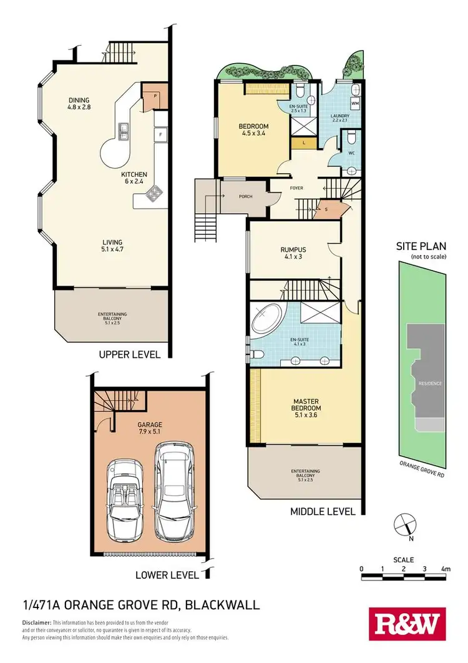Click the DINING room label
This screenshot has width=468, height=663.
coord(79,100)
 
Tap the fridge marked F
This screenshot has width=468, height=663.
coord(160,134)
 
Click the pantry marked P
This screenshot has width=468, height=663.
coord(154,96)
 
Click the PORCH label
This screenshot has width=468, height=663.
coord(246,197)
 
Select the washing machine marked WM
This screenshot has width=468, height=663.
coord(354,102)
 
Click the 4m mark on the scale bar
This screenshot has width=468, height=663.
coord(445,569)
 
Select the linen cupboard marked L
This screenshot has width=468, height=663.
coord(303,142)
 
